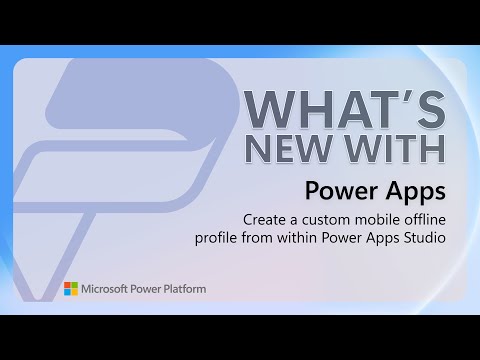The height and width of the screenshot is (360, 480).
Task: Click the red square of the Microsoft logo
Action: (67, 285)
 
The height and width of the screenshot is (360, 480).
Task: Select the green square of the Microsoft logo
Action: (74, 285)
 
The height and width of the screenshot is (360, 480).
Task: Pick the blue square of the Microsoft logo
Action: (67, 292)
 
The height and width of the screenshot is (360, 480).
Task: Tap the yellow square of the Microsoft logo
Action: (74, 292)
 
